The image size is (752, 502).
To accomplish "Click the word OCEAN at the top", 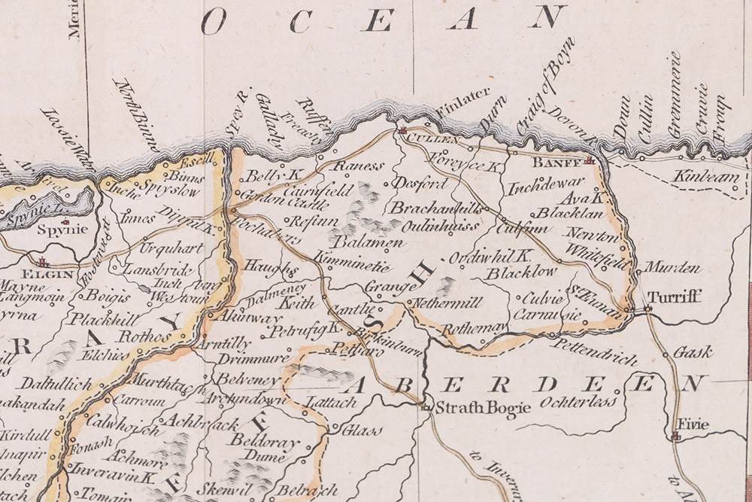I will pyautogui.click(x=384, y=20).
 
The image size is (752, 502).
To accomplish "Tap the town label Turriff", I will pyautogui.click(x=675, y=297).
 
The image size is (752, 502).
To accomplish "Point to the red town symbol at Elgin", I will pyautogui.click(x=42, y=261).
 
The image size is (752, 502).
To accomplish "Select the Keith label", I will pyautogui.click(x=295, y=304).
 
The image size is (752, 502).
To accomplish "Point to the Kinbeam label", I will pyautogui.click(x=696, y=175).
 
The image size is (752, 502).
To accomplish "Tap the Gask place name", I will pyautogui.click(x=693, y=351).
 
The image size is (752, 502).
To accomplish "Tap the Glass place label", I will pyautogui.click(x=358, y=431).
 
